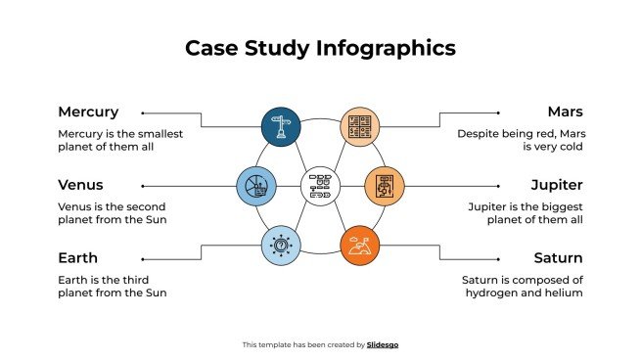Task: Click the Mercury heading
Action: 88,112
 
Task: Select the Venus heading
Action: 80,185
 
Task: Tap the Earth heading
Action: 78,258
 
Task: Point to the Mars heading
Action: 565,112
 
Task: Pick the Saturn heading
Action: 558,258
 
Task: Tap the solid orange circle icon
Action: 358,246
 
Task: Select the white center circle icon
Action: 319,185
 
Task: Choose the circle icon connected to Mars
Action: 358,125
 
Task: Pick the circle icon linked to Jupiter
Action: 384,185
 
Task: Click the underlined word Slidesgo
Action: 383,344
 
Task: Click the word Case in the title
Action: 209,48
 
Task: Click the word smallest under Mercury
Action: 157,133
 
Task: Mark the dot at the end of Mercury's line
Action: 143,112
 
